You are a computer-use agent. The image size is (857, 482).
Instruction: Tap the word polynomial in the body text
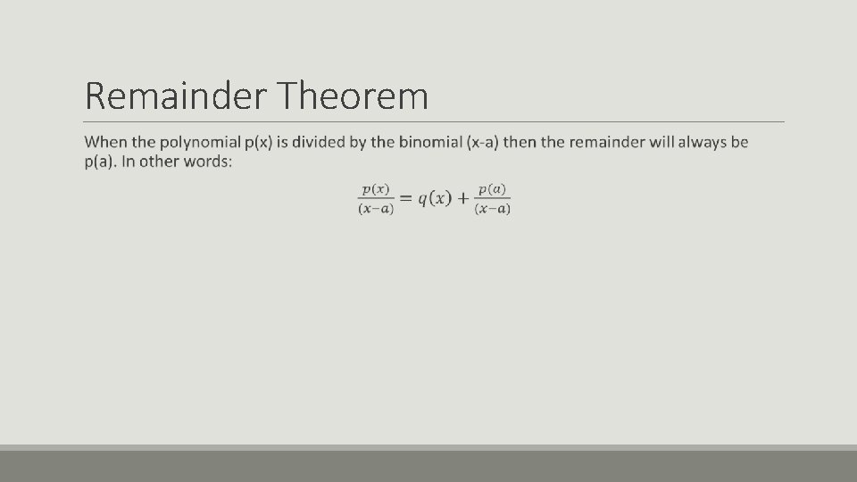(200, 143)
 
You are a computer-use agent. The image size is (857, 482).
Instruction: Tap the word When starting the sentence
(106, 143)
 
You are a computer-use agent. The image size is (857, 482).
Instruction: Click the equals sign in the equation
(404, 199)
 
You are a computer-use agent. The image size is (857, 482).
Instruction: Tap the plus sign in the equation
(462, 199)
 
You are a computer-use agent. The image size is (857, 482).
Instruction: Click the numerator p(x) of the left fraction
(376, 189)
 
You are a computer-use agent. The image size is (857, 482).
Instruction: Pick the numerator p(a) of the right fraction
(492, 189)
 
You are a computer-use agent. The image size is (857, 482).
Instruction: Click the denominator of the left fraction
(376, 210)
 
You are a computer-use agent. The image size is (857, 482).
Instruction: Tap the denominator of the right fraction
(492, 210)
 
